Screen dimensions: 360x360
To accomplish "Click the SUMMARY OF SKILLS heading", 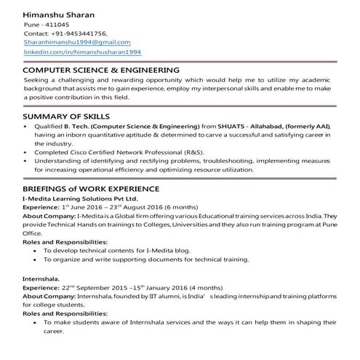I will [66, 116].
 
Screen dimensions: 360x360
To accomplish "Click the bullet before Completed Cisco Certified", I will [27, 152].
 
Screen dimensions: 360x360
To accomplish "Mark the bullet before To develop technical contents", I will [36, 250].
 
